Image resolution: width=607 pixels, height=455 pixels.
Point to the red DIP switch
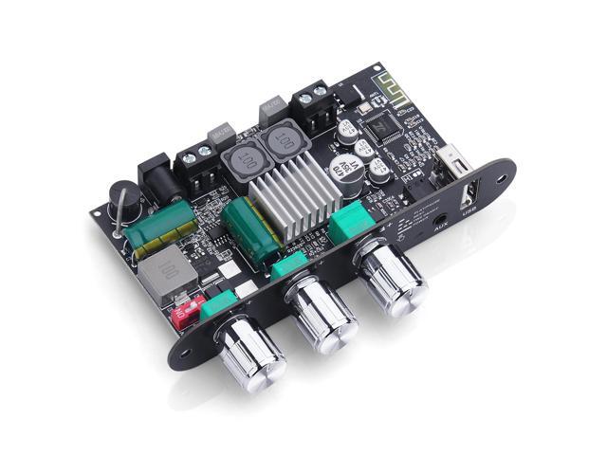[189, 309]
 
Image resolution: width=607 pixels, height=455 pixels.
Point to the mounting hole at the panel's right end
[499, 177]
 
